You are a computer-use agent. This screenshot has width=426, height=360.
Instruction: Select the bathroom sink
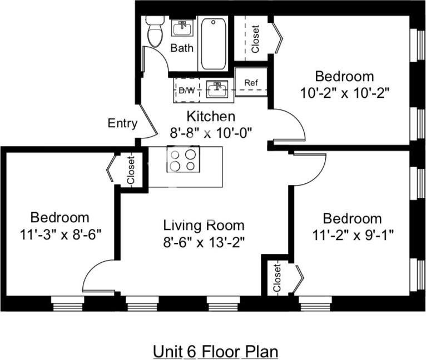pyautogui.click(x=182, y=28)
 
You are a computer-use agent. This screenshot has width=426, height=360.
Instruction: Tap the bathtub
pyautogui.click(x=213, y=44)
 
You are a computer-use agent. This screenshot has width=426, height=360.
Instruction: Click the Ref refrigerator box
pyautogui.click(x=251, y=83)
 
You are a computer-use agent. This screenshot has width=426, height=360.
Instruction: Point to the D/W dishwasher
pyautogui.click(x=187, y=90)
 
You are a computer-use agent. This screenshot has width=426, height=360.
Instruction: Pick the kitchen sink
pyautogui.click(x=217, y=89)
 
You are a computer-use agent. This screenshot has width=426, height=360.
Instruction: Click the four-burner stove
pyautogui.click(x=184, y=160)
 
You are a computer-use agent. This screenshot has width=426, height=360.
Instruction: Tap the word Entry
pyautogui.click(x=122, y=123)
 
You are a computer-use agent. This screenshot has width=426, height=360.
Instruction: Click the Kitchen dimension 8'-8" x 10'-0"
pyautogui.click(x=211, y=133)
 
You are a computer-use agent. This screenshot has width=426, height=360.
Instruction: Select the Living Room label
pyautogui.click(x=204, y=226)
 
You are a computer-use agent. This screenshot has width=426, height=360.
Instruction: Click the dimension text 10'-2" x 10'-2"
pyautogui.click(x=344, y=92)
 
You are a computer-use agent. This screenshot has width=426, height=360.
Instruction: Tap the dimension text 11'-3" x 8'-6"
pyautogui.click(x=60, y=234)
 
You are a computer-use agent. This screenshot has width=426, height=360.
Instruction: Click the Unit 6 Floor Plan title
pyautogui.click(x=215, y=351)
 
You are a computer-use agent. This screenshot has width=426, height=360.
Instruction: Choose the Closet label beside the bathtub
pyautogui.click(x=255, y=39)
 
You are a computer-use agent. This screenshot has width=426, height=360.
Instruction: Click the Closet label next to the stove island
pyautogui.click(x=131, y=171)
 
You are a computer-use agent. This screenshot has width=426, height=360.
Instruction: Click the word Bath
pyautogui.click(x=182, y=48)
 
